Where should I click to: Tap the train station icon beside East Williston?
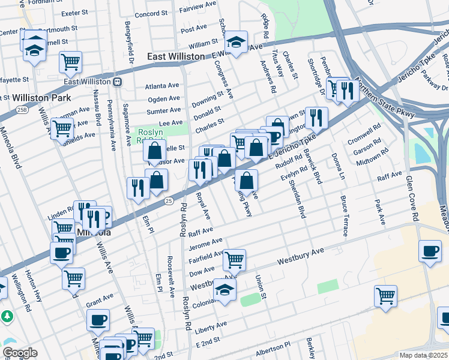point(118,82)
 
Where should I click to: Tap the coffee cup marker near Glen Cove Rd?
point(429,252)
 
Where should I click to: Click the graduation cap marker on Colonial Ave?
point(225,290)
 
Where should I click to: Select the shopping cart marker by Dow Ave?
point(234,260)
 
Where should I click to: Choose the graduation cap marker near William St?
point(236,43)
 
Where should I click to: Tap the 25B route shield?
point(22,110)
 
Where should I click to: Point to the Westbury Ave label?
point(300,258)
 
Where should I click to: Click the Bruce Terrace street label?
point(344,215)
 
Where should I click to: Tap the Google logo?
point(20,352)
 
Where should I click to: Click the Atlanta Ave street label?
point(162,86)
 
